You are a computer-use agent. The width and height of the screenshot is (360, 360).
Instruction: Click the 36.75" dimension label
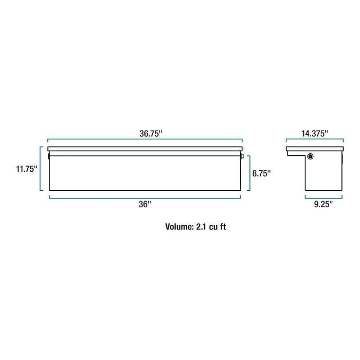pos(146,133)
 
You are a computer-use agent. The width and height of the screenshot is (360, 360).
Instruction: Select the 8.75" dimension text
pos(261,173)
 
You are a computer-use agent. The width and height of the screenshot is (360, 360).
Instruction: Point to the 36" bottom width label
pos(146,205)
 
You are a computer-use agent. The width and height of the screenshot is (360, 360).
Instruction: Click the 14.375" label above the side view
pos(314,133)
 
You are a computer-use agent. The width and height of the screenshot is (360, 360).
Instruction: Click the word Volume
pos(178,225)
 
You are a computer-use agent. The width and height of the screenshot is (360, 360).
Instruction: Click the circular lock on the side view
pos(311,156)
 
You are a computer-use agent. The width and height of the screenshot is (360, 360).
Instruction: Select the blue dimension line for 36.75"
pos(146,140)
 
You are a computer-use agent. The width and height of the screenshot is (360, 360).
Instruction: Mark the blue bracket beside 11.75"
pos(41,169)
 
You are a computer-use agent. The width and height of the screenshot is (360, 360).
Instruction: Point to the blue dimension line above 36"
pos(146,197)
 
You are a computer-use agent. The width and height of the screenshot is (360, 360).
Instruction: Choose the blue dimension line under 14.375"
pos(314,140)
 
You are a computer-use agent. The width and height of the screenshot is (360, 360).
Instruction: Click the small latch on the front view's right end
pos(243,155)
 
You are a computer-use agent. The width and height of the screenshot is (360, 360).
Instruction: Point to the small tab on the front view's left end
pos(47,155)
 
